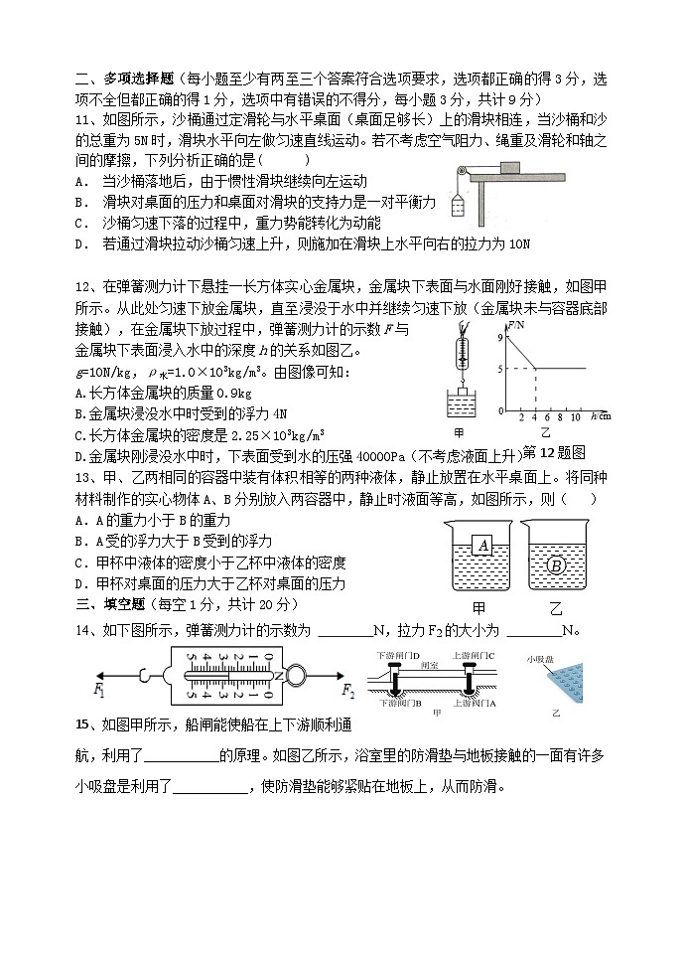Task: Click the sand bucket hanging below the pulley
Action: [459, 206]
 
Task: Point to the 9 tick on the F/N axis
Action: [502, 339]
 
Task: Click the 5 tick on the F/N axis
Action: [502, 370]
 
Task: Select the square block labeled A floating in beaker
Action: [483, 545]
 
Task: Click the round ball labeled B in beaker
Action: [556, 564]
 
